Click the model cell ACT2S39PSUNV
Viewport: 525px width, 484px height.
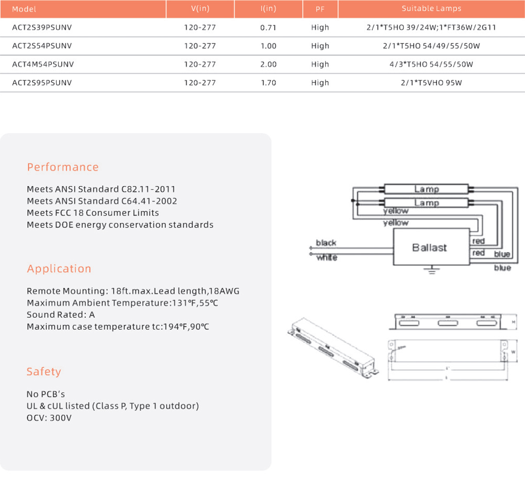pos(42,28)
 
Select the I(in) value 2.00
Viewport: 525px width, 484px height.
pos(268,64)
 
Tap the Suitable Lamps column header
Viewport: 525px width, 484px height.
pos(431,9)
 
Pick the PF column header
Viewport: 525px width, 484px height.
pos(320,9)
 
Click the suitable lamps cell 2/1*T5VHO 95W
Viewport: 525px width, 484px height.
pos(431,83)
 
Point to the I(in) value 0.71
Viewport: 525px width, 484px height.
pos(268,28)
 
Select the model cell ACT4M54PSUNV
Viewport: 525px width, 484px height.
pos(43,64)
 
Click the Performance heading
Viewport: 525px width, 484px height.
pos(63,167)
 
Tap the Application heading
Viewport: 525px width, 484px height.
pos(59,269)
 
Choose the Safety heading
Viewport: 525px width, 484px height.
pos(44,372)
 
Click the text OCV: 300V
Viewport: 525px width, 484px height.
pos(49,418)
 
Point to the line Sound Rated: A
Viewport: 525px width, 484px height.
pos(61,315)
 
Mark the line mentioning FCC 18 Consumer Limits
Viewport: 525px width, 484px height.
pos(93,213)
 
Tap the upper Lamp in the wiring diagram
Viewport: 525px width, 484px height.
pos(426,189)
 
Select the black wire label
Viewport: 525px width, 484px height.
pos(326,243)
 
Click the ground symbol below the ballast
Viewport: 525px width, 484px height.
pos(432,270)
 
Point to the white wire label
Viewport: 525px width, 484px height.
pos(327,258)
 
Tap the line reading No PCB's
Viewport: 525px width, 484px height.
pos(45,394)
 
